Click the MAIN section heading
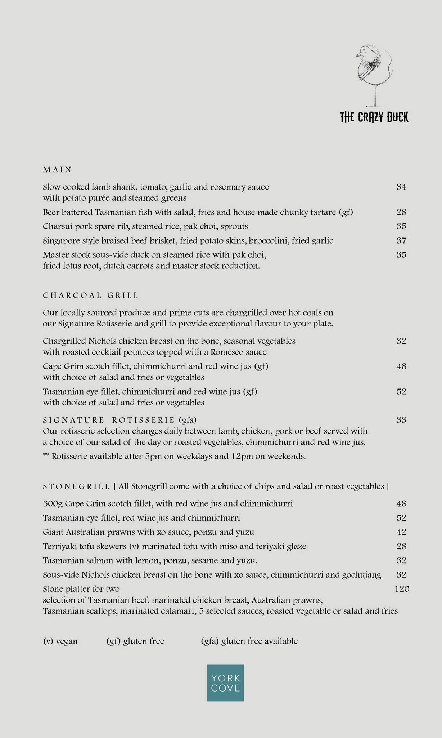pyautogui.click(x=57, y=169)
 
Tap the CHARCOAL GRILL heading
pyautogui.click(x=90, y=295)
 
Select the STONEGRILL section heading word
pyautogui.click(x=76, y=486)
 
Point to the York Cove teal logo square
pyautogui.click(x=225, y=683)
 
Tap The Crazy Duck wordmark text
pyautogui.click(x=374, y=117)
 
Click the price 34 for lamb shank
pyautogui.click(x=401, y=187)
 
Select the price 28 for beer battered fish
pyautogui.click(x=401, y=212)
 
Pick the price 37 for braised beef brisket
pyautogui.click(x=401, y=240)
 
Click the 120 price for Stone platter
pyautogui.click(x=402, y=589)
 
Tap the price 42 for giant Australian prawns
pyautogui.click(x=401, y=532)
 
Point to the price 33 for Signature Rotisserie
pyautogui.click(x=401, y=420)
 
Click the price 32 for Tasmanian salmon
pyautogui.click(x=401, y=560)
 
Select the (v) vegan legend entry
pyautogui.click(x=60, y=641)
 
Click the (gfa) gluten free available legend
pyautogui.click(x=249, y=641)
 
